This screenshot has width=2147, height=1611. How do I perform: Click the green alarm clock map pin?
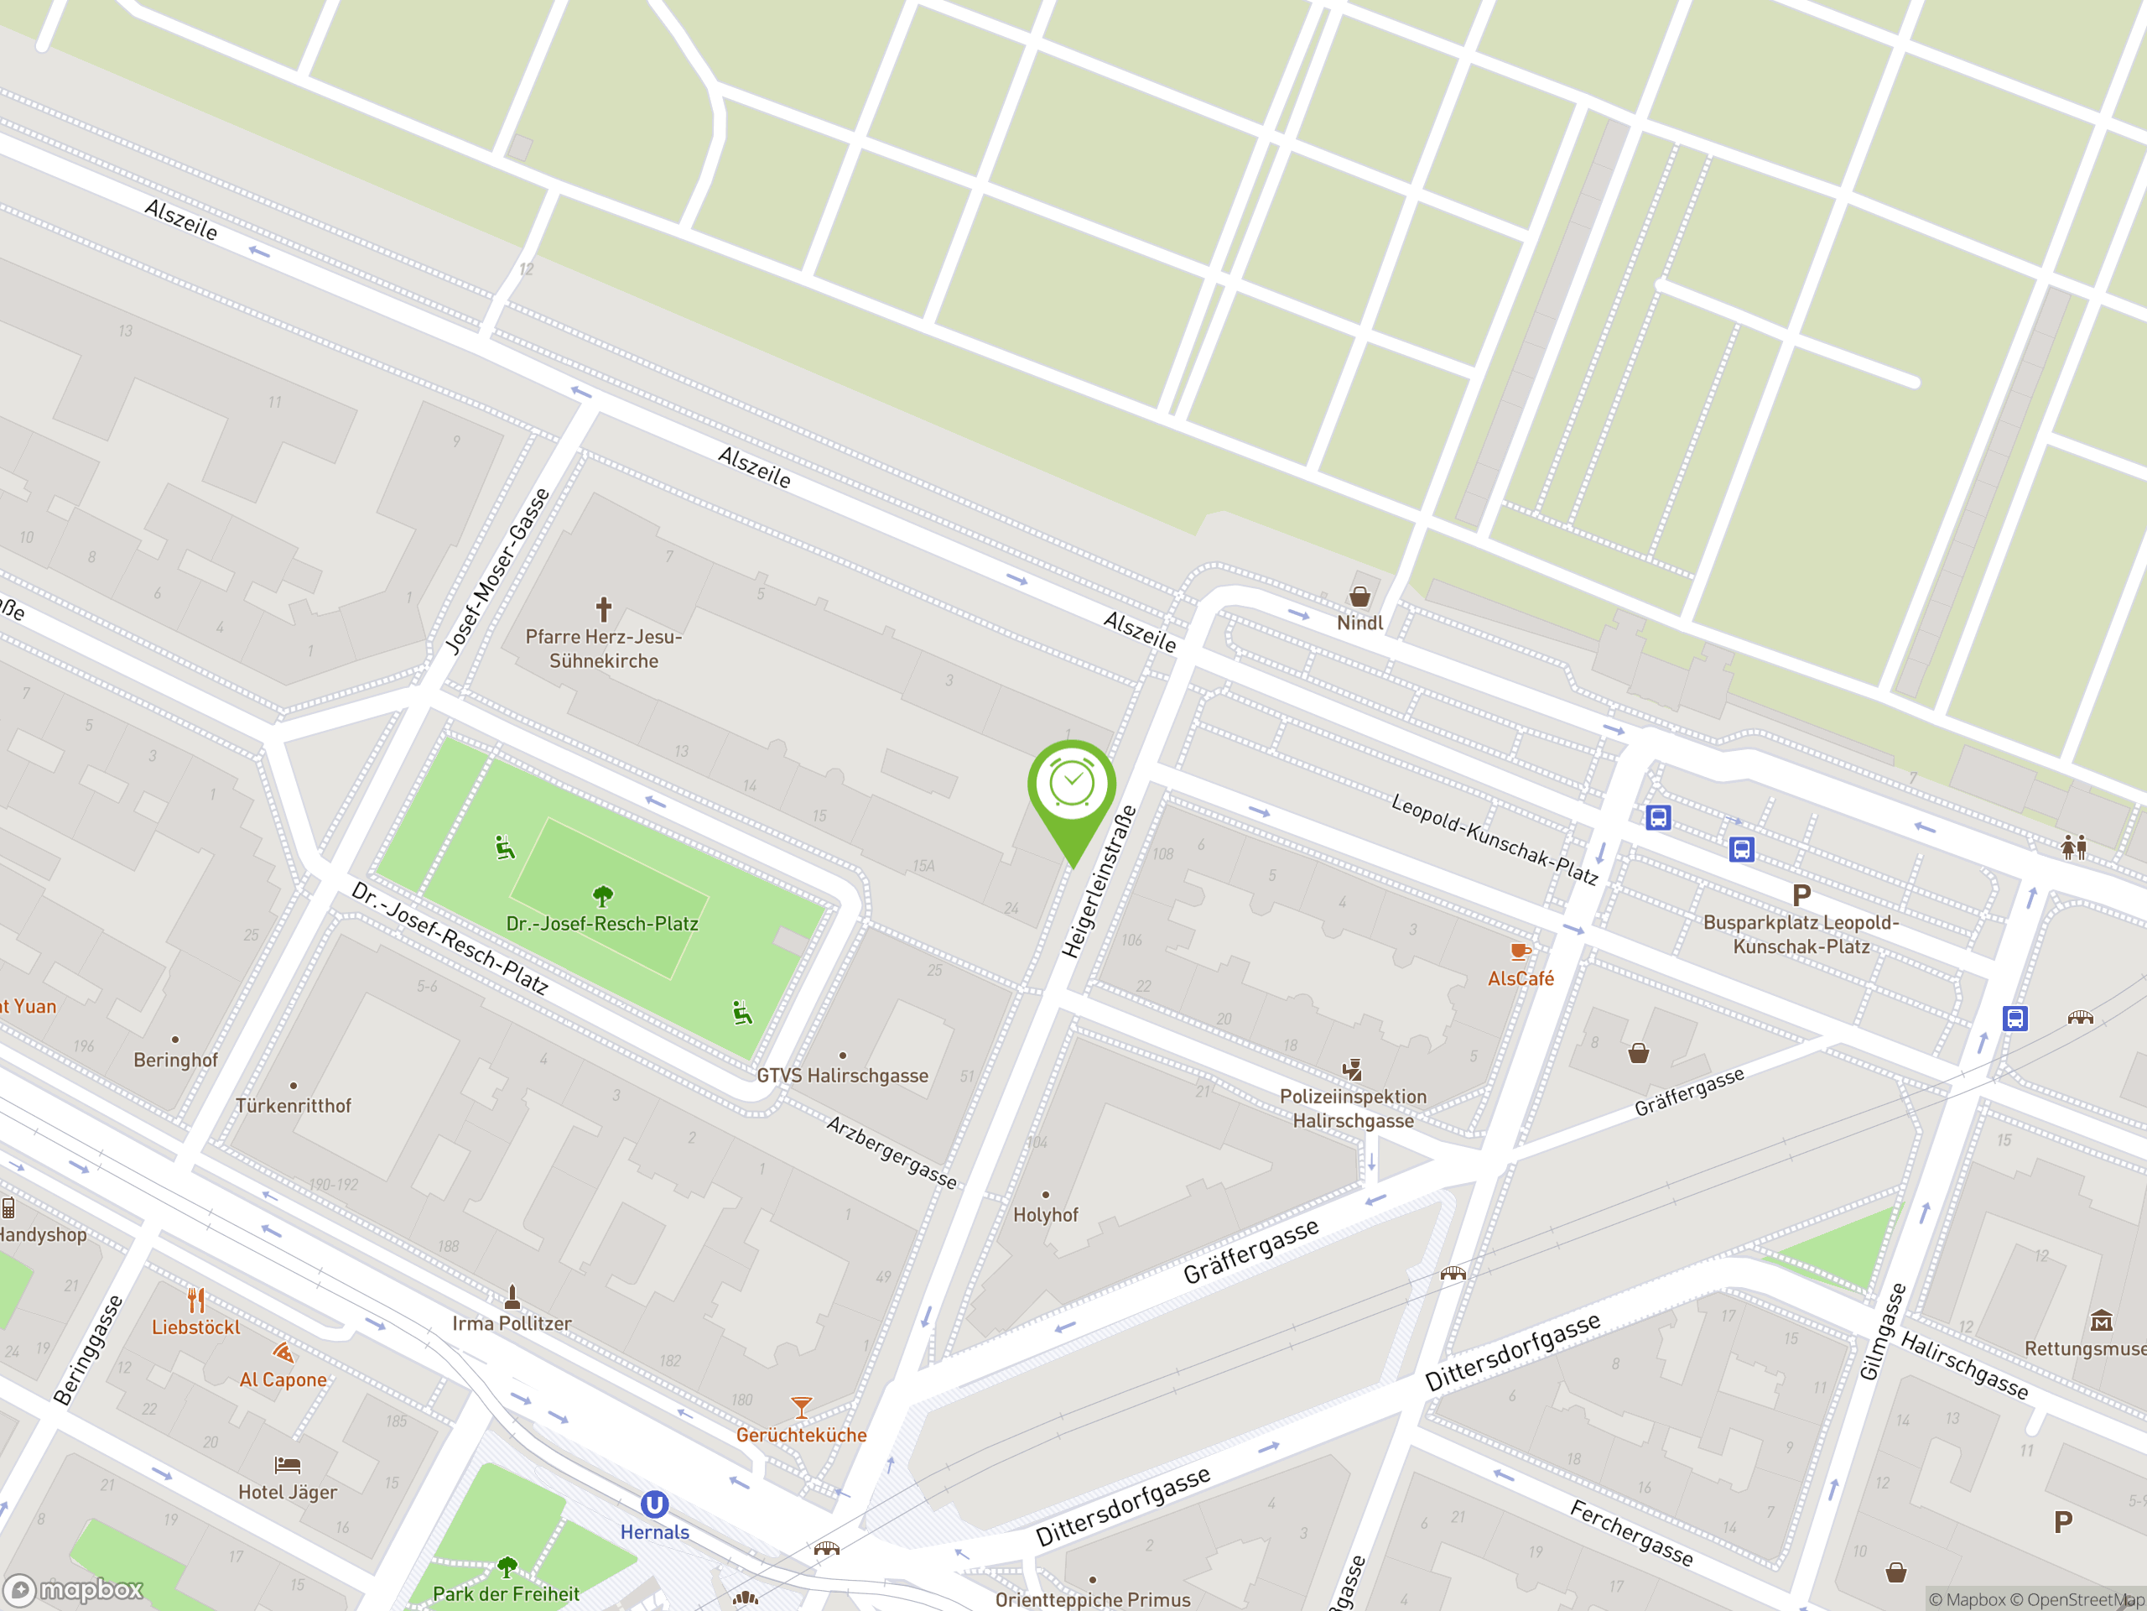click(1072, 786)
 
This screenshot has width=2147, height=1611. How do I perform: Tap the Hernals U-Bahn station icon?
click(654, 1505)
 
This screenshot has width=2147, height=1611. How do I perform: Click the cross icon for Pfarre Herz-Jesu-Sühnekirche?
click(604, 609)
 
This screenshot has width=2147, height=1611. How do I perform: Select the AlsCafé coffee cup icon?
click(1519, 951)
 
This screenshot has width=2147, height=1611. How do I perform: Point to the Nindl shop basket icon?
click(1359, 597)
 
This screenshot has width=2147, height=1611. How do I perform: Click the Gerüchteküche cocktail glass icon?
click(801, 1407)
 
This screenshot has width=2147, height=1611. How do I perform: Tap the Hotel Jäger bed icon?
click(288, 1464)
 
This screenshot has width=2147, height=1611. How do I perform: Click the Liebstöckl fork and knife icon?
click(196, 1299)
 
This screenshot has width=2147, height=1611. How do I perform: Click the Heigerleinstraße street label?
click(1099, 881)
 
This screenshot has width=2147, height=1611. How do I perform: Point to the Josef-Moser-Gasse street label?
click(498, 571)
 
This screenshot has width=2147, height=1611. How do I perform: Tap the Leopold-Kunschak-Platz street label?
click(1494, 839)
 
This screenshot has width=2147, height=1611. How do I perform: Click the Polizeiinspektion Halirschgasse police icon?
click(1352, 1070)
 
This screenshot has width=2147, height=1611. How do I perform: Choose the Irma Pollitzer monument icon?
click(512, 1296)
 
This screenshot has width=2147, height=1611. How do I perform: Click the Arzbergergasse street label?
click(891, 1152)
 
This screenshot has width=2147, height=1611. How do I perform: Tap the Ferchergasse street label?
click(1631, 1532)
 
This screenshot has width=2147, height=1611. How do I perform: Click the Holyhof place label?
click(1045, 1215)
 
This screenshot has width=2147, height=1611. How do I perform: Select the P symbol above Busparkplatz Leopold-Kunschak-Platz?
click(1801, 895)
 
